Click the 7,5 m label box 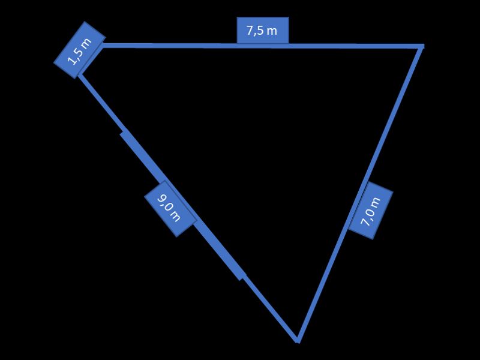[x=263, y=31]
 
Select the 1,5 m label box [x=80, y=50]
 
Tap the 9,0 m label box [x=170, y=208]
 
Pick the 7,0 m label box [x=371, y=211]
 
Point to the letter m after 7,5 [x=272, y=31]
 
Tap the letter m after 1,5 [x=86, y=42]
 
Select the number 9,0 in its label [x=164, y=202]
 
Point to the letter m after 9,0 [x=176, y=216]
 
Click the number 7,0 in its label [x=368, y=217]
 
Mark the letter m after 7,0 [x=376, y=202]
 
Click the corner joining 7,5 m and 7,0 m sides [x=422, y=46]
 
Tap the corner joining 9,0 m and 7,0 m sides [x=297, y=341]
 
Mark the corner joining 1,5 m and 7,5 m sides [x=103, y=46]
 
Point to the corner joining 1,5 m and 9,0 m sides [x=80, y=75]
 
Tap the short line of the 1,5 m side [x=91, y=61]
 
